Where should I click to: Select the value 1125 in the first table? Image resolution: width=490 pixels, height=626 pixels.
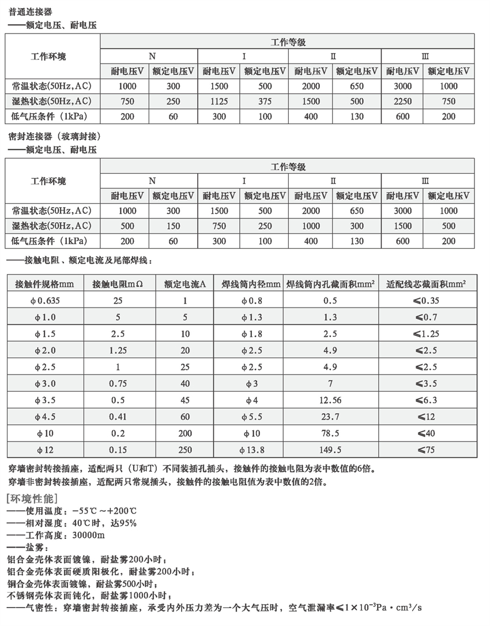click(219, 101)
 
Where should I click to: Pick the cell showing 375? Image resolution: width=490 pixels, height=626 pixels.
click(265, 101)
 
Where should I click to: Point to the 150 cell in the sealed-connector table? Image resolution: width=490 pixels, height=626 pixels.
click(173, 226)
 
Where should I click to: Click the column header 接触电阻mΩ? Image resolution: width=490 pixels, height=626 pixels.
click(116, 284)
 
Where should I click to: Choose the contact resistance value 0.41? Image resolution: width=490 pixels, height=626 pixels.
click(118, 417)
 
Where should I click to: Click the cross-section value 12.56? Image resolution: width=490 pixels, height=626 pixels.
click(330, 400)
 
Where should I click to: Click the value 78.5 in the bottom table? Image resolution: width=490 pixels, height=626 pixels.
click(330, 433)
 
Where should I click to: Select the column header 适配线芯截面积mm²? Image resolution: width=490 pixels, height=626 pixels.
click(427, 284)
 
